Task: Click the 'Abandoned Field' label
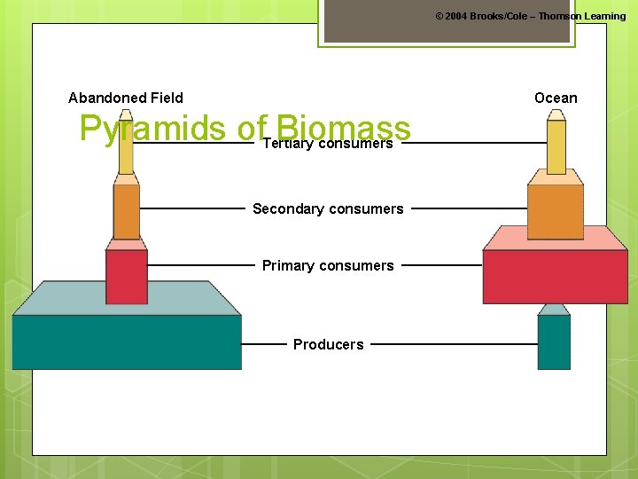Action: [x=126, y=98]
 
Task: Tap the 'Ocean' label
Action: [x=556, y=98]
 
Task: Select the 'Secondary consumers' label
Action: [x=328, y=209]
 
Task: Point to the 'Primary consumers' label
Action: [x=328, y=265]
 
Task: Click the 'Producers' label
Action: [x=328, y=344]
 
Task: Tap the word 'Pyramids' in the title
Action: [x=152, y=129]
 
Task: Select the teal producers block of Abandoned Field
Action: [x=126, y=342]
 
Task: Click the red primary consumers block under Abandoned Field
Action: [x=127, y=277]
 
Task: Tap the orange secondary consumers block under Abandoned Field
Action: [x=127, y=211]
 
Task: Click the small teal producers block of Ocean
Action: [x=554, y=342]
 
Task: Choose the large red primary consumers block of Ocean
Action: [x=555, y=277]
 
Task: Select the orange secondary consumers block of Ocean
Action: [x=556, y=211]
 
